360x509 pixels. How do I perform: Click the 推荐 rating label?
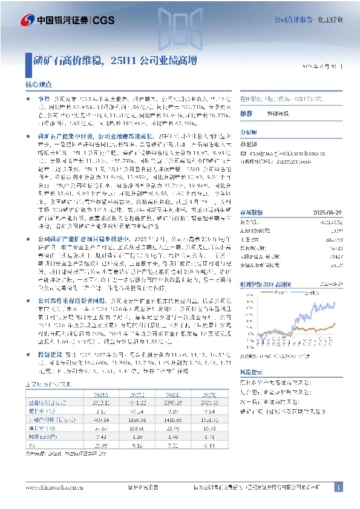pos(246,114)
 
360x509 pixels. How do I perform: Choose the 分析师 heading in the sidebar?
pos(249,132)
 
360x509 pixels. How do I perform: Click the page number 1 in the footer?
pos(339,487)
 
